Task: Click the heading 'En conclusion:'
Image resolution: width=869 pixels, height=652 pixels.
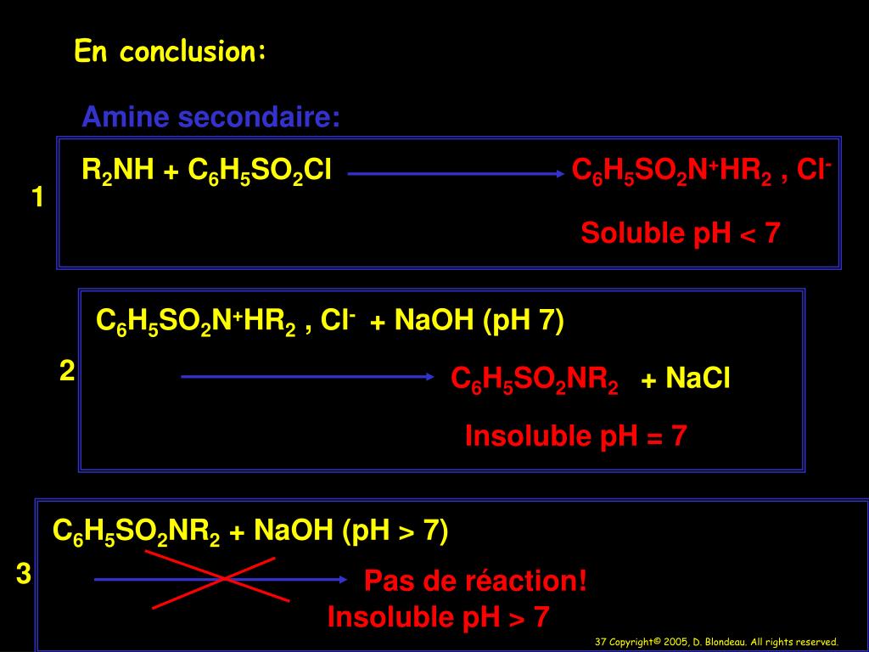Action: [x=171, y=53]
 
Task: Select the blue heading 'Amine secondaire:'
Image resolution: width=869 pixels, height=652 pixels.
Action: [x=210, y=117]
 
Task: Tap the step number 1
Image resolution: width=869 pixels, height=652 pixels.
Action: [x=37, y=198]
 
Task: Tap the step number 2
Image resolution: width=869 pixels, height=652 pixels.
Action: [x=67, y=370]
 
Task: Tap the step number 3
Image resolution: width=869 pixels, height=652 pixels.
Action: [x=24, y=575]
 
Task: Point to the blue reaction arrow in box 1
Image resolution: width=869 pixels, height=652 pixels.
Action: [x=457, y=173]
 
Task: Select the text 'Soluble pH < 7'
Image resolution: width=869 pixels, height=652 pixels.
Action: [x=680, y=233]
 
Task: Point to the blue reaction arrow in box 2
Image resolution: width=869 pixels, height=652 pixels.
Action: [x=307, y=376]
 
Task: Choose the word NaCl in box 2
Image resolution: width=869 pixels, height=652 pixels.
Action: [x=698, y=378]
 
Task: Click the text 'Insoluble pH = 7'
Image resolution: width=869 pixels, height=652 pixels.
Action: [x=575, y=436]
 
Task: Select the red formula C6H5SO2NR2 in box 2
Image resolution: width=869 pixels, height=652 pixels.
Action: [x=535, y=379]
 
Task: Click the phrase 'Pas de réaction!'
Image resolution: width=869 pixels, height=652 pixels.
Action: [x=475, y=582]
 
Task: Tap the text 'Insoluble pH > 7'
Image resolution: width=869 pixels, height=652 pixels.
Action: [x=438, y=617]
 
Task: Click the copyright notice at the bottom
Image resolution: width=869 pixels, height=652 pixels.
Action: [x=716, y=642]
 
